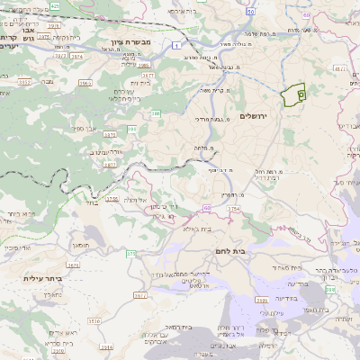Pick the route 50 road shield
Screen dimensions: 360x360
pos(249,13)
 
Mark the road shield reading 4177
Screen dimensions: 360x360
pos(339,67)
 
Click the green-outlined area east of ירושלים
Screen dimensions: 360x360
pos(293,95)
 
